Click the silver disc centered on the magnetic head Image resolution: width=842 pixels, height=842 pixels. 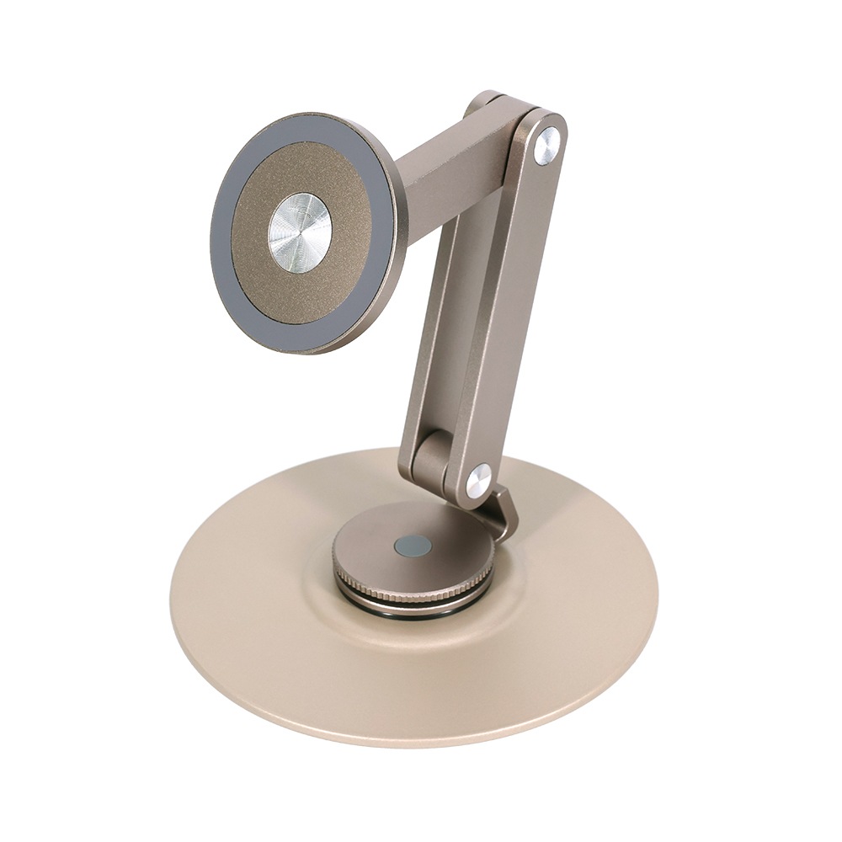[x=300, y=232]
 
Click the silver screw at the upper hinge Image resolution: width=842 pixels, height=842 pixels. [x=547, y=146]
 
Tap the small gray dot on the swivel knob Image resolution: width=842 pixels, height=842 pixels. [x=413, y=546]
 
